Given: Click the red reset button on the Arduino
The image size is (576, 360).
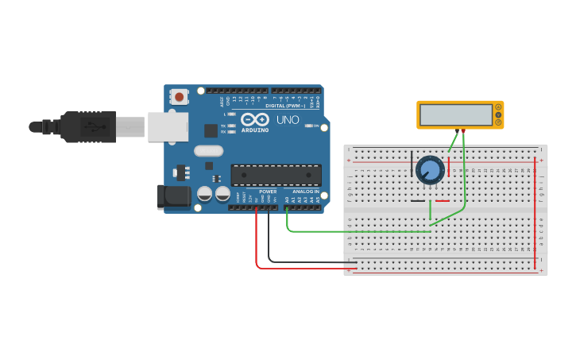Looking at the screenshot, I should [x=180, y=97].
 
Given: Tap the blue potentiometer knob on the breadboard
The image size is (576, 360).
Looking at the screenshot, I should [x=430, y=170].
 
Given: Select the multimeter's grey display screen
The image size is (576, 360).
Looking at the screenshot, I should [x=456, y=115].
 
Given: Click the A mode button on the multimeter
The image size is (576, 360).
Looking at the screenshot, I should [x=498, y=107].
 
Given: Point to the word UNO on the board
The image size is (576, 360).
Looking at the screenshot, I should [x=288, y=120].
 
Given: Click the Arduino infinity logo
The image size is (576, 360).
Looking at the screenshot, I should [x=255, y=119].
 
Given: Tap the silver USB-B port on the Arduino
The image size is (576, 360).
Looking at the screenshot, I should [x=168, y=126].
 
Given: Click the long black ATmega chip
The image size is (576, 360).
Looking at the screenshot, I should [x=276, y=175].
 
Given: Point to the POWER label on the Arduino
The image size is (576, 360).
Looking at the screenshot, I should [x=268, y=192].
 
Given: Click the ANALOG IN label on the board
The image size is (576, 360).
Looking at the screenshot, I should [x=305, y=192].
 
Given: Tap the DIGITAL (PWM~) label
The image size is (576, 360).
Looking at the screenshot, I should [x=285, y=105].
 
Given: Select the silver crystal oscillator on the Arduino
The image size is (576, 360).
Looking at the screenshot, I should [x=209, y=150].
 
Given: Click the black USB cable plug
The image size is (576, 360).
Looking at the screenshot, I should [x=87, y=126].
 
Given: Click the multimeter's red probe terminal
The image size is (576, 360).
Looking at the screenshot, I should [x=464, y=131].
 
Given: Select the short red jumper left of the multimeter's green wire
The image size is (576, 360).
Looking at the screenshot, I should [x=448, y=167].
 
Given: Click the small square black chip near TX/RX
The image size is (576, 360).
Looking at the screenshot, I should [x=211, y=130].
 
